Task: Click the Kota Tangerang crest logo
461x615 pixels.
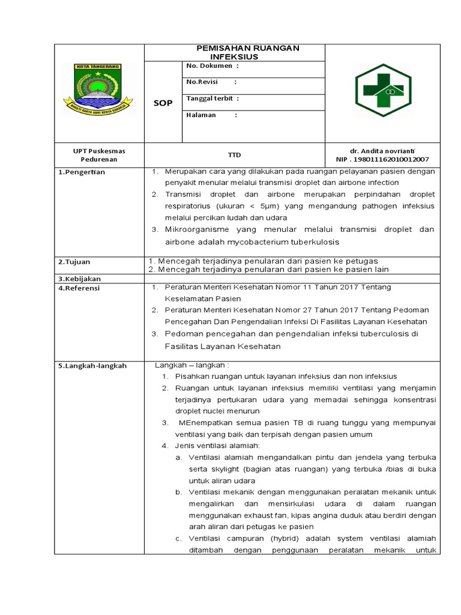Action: pos(98,91)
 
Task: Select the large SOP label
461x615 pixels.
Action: pos(163,103)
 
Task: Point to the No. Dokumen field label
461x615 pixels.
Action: pos(212,65)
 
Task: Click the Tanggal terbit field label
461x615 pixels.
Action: pos(212,98)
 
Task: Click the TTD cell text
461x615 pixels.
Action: pos(234,154)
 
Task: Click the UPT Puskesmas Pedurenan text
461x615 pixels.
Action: pos(100,155)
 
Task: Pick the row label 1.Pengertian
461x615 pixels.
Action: pos(82,172)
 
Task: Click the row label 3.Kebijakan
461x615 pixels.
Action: pos(79,279)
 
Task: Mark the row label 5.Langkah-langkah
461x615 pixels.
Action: pos(92,366)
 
